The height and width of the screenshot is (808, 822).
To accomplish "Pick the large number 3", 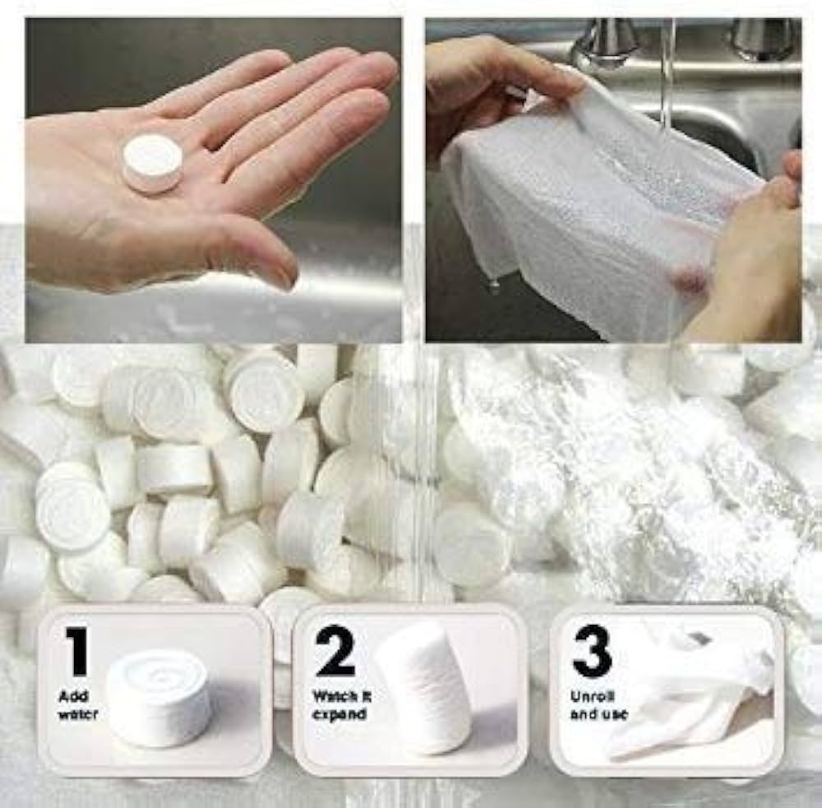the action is (593, 651).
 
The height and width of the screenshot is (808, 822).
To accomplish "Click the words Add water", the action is (78, 705).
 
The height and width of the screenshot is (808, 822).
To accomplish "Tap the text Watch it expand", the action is (342, 705).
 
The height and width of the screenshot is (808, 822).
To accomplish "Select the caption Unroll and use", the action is (598, 705).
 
